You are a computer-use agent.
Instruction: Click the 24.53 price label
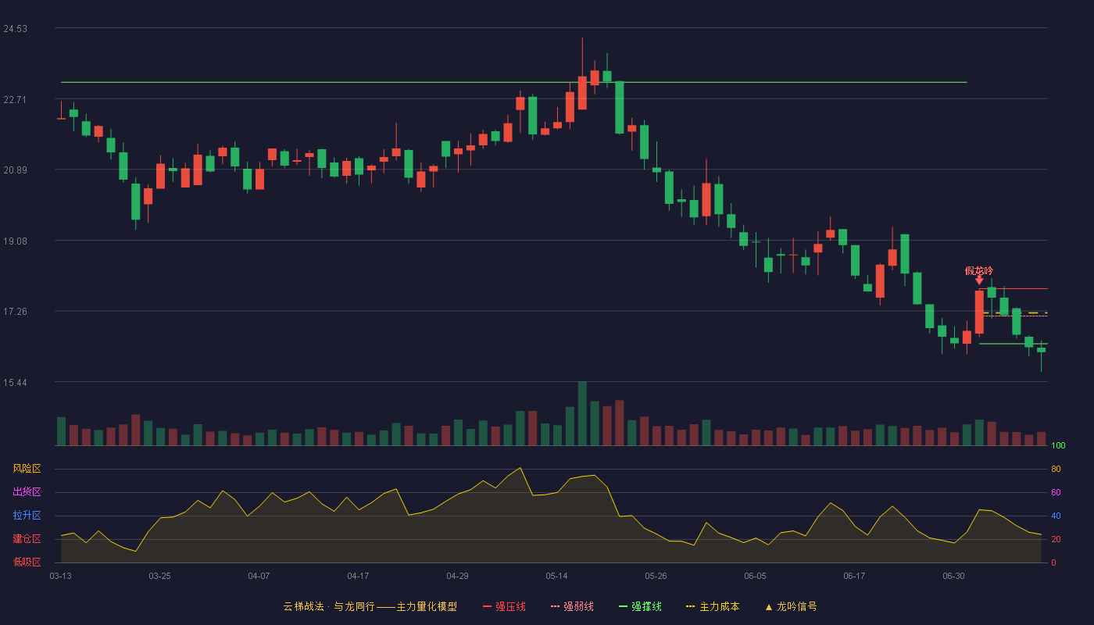tap(15, 29)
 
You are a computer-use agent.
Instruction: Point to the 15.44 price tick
tap(15, 382)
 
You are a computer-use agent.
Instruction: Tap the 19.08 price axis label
tap(15, 241)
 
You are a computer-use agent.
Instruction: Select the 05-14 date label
tap(556, 577)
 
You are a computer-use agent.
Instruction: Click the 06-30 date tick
tap(953, 577)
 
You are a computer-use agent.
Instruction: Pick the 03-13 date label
tap(61, 577)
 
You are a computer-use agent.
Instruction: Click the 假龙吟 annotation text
tap(978, 270)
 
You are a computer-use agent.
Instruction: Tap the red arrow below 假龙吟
tap(979, 280)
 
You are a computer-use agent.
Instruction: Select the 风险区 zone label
tap(27, 468)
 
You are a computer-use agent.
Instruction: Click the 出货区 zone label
tap(27, 491)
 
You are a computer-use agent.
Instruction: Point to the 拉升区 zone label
tap(27, 515)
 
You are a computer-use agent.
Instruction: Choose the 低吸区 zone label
tap(27, 562)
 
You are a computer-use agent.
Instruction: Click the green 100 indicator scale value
tap(1058, 445)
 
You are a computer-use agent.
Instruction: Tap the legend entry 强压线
tap(504, 606)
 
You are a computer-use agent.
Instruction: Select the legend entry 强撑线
tap(640, 606)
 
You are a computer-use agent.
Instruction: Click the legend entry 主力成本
tap(713, 606)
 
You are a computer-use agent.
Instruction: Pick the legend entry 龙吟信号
tap(791, 606)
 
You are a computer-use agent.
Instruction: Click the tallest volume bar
tap(582, 413)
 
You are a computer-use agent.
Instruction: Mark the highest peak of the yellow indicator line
tap(520, 468)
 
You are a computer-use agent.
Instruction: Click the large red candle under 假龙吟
tap(979, 312)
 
